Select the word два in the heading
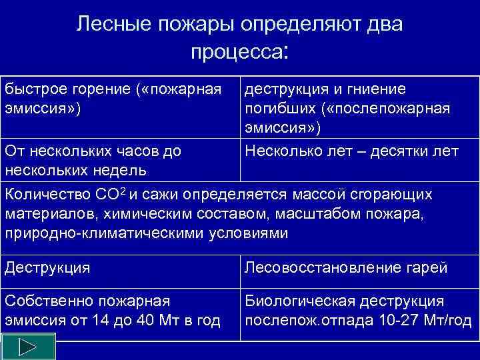[x=385, y=25]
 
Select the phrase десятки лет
[x=419, y=151]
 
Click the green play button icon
[x=27, y=348]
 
